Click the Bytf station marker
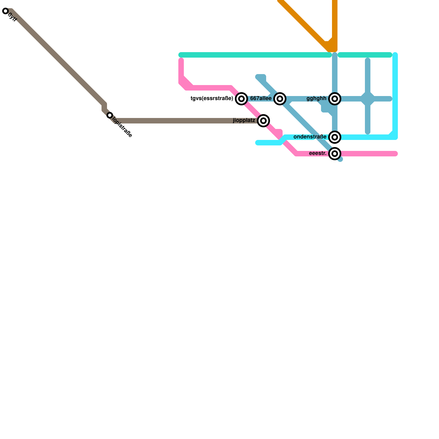[5, 11]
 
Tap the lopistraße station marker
[110, 115]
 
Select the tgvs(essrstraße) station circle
[241, 99]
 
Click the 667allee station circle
[280, 99]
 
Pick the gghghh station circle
[335, 99]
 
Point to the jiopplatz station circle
[263, 121]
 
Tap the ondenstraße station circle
[335, 137]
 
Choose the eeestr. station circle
[335, 154]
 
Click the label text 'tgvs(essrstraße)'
[212, 99]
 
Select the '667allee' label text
[261, 99]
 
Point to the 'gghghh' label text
[316, 99]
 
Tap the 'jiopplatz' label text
[244, 120]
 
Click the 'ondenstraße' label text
[310, 137]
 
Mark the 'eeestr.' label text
[317, 153]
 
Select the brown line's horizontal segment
[187, 121]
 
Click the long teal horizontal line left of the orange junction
[255, 55]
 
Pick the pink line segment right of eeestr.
[368, 154]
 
